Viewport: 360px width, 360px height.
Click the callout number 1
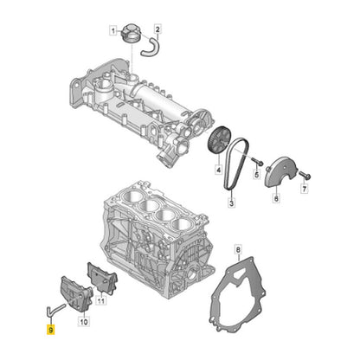[x=113, y=30]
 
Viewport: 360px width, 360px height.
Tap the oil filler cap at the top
[x=132, y=34]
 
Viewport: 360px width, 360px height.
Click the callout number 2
[x=157, y=29]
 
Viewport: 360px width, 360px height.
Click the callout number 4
[x=219, y=170]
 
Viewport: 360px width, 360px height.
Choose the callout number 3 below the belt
[x=232, y=202]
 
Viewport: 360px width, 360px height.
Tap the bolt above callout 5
[x=256, y=161]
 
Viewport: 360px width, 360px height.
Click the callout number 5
[x=257, y=174]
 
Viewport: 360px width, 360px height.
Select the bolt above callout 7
[x=304, y=175]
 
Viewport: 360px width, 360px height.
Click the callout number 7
[x=305, y=189]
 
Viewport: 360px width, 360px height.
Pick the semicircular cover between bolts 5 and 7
[x=278, y=172]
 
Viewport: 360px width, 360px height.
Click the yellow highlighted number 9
[x=51, y=330]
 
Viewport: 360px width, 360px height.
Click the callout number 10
[x=84, y=321]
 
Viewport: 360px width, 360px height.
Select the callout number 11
[x=100, y=301]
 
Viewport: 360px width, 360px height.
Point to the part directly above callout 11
[x=102, y=278]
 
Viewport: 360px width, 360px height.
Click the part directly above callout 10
[x=75, y=293]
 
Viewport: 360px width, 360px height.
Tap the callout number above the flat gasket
[x=238, y=249]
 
